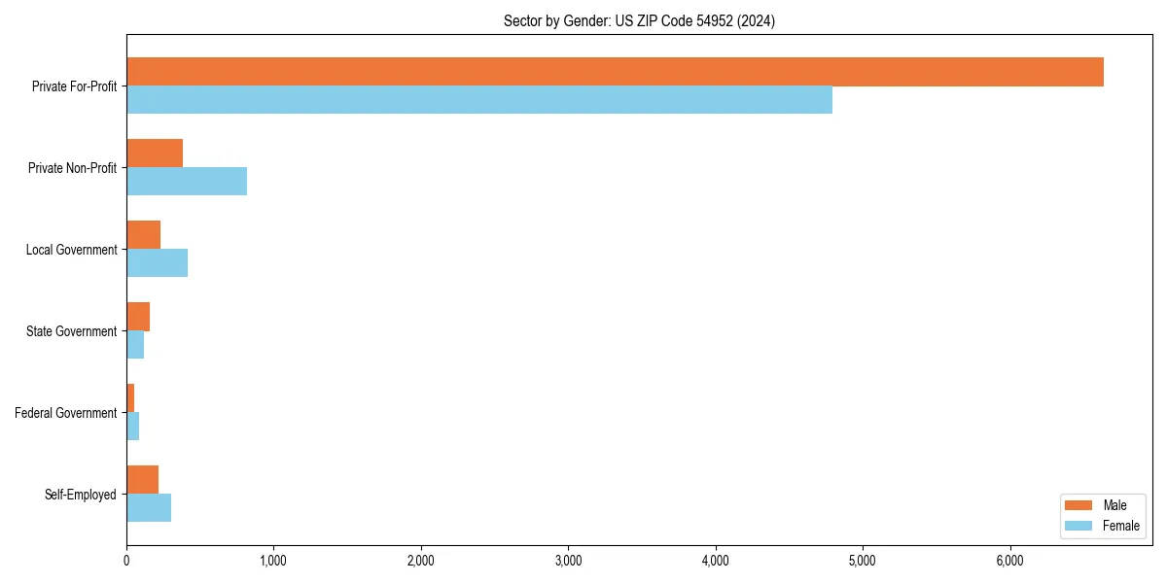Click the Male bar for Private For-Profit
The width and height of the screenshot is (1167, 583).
[615, 72]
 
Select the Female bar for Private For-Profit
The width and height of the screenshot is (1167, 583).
[479, 100]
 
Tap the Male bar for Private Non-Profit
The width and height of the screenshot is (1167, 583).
[155, 154]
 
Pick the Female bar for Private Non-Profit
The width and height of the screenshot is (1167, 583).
[187, 182]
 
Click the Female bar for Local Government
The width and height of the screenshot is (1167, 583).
[157, 263]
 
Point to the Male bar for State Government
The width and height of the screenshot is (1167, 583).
[138, 317]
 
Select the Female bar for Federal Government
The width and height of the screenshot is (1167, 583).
[132, 427]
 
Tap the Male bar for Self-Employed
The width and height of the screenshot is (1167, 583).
[142, 480]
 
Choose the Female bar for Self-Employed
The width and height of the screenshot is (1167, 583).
[149, 508]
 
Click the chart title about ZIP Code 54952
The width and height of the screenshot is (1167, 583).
[639, 20]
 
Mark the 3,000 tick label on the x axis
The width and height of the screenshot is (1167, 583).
[568, 561]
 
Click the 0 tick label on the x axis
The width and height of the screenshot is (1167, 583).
[126, 561]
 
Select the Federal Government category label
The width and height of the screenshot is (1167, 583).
[66, 413]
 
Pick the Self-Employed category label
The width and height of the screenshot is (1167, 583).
[81, 495]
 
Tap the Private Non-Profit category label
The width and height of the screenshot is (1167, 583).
[72, 168]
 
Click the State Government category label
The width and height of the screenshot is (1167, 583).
[72, 331]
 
